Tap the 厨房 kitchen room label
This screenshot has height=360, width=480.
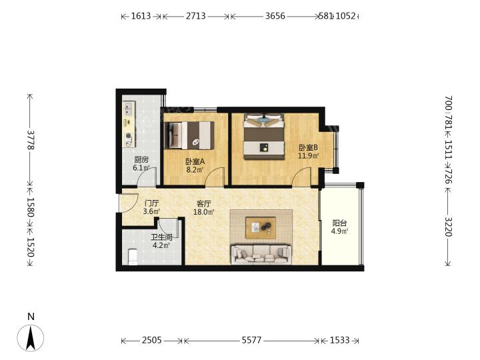(141, 160)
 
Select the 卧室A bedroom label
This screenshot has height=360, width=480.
(195, 161)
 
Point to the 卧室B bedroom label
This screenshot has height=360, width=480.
(308, 147)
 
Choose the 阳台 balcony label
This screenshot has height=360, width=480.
(339, 223)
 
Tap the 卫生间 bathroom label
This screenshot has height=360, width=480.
(161, 237)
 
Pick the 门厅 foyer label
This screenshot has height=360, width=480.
(151, 203)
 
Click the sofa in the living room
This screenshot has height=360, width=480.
(261, 254)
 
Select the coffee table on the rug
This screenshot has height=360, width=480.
(261, 227)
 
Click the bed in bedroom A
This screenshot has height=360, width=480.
(189, 135)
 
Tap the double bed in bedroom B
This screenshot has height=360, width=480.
(264, 137)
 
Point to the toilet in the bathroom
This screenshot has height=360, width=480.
(132, 257)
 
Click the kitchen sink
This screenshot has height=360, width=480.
(129, 109)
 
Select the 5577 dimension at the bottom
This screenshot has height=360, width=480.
(251, 340)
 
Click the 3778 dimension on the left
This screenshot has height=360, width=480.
(31, 140)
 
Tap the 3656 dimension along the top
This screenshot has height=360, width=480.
(275, 16)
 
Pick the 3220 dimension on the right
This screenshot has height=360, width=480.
(448, 227)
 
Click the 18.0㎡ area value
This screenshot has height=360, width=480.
(204, 211)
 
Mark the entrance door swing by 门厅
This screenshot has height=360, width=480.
(129, 203)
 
